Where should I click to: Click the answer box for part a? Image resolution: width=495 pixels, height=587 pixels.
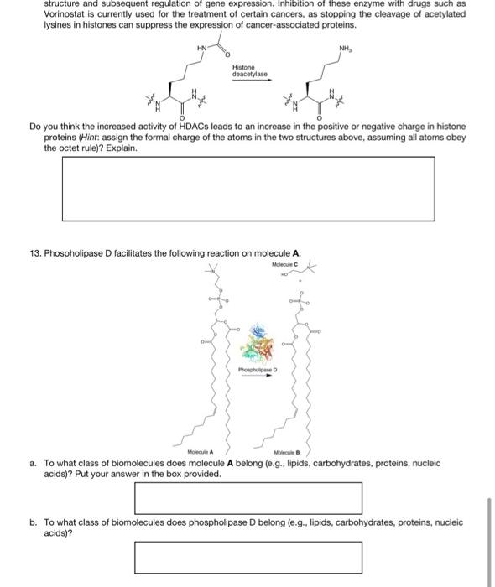(248, 497)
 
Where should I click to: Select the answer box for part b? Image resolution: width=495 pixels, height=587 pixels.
(248, 557)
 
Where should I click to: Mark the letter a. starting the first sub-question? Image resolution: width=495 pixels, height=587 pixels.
(32, 462)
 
